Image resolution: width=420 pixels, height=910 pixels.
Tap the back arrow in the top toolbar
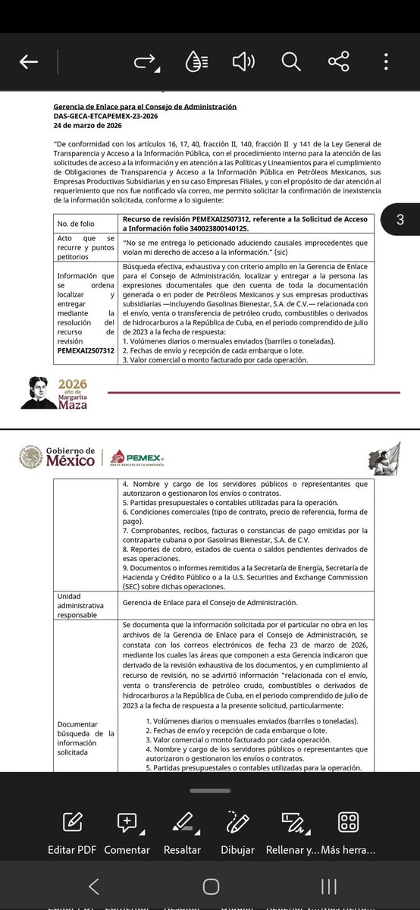point(29,62)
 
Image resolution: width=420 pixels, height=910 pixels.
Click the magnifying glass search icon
point(291,62)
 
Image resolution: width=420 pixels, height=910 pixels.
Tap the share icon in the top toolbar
point(338,62)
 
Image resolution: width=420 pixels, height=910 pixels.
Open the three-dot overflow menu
point(387,62)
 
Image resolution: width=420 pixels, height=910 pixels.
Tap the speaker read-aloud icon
point(243,62)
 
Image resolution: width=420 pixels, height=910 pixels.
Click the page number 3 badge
point(400,220)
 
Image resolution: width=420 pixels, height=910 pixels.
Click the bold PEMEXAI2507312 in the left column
point(86,350)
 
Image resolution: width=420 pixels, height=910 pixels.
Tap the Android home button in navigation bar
point(211,886)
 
